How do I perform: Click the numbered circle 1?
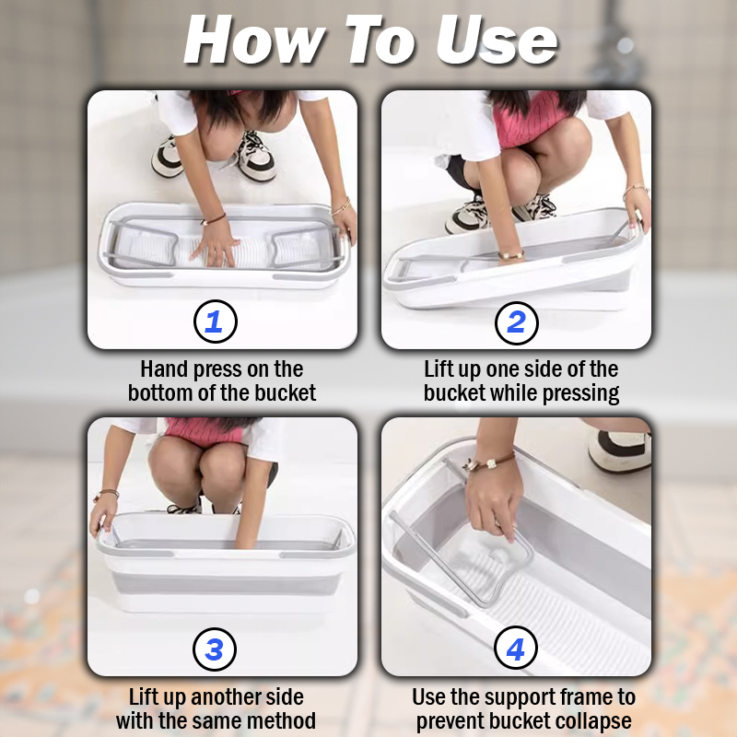(216, 322)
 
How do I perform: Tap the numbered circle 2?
(517, 322)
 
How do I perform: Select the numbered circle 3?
(215, 649)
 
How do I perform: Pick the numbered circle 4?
(516, 649)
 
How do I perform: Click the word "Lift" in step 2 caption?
(439, 369)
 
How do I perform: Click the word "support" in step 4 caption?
(507, 698)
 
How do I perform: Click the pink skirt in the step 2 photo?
(532, 120)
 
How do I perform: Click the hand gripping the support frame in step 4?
(494, 498)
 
